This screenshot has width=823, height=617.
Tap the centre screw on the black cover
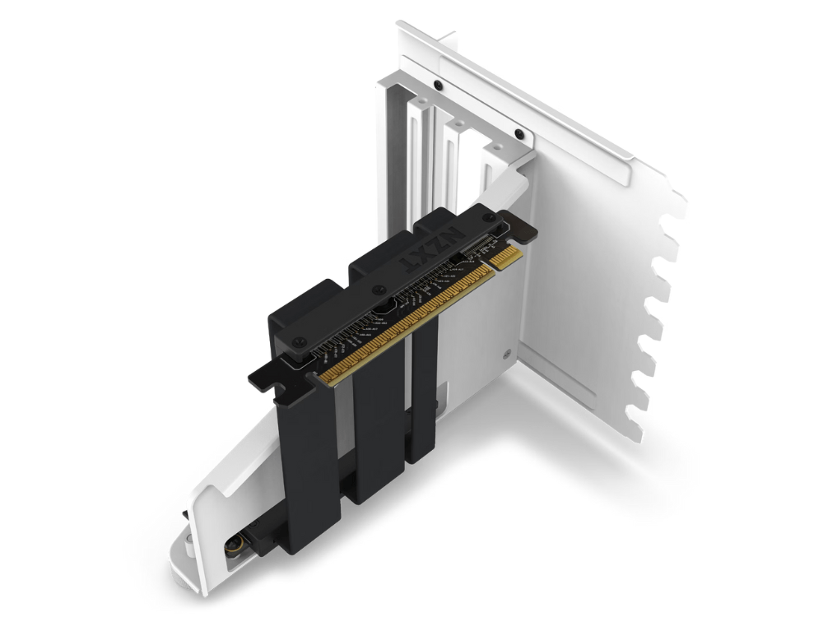point(377,290)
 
